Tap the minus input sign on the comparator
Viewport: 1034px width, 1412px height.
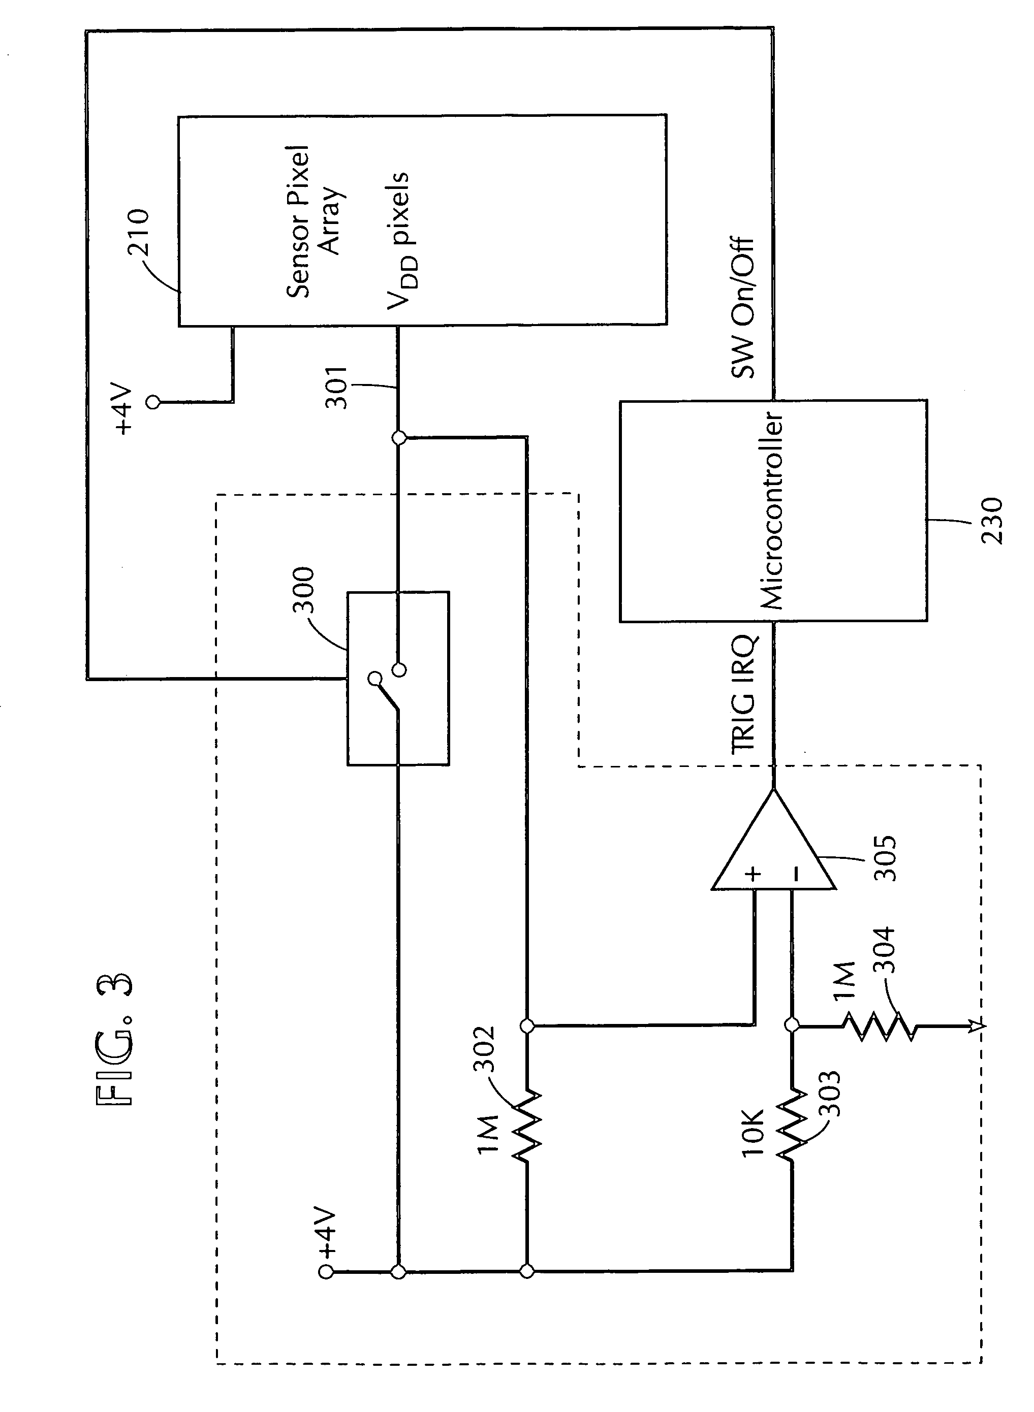tap(795, 874)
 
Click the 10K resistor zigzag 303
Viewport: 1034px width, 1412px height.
tap(792, 1126)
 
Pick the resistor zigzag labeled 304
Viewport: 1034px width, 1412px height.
tap(880, 1025)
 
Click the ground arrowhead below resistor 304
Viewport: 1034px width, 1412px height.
tap(980, 1025)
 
